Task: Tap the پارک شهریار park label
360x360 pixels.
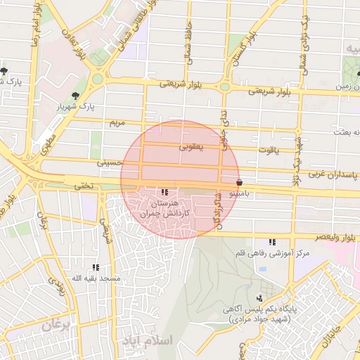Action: pyautogui.click(x=75, y=108)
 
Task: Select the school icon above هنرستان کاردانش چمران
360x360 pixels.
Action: pyautogui.click(x=165, y=192)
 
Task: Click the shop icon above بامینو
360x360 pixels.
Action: pyautogui.click(x=240, y=181)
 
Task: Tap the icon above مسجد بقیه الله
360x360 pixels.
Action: pyautogui.click(x=96, y=267)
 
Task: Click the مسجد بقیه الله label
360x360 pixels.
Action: pyautogui.click(x=96, y=278)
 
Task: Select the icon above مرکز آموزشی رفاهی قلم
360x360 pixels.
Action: pyautogui.click(x=272, y=243)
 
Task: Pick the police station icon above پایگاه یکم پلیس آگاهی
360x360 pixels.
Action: pyautogui.click(x=259, y=298)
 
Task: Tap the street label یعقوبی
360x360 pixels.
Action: pyautogui.click(x=190, y=148)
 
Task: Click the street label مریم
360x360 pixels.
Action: pyautogui.click(x=117, y=122)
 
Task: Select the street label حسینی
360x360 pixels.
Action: pyautogui.click(x=110, y=162)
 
